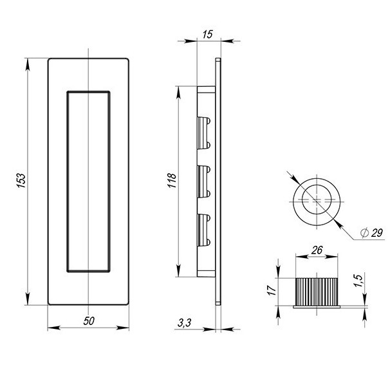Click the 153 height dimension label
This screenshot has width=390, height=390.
(21, 181)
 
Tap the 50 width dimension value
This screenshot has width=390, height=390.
(89, 321)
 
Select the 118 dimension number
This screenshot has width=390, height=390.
(172, 181)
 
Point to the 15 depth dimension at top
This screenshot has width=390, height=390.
(208, 35)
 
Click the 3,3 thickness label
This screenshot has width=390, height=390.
(184, 323)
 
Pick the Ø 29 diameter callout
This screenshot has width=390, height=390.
(371, 233)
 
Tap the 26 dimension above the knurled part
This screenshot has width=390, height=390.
(317, 250)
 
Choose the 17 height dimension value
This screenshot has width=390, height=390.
(272, 290)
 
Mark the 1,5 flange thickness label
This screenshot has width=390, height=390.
(359, 280)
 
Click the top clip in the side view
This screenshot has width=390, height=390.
(204, 133)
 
